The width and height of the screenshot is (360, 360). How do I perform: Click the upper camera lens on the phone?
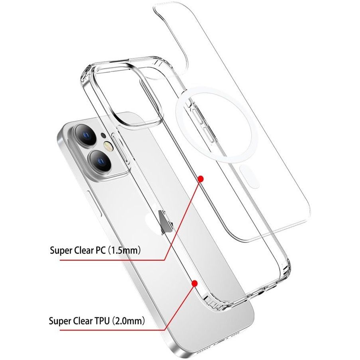85,135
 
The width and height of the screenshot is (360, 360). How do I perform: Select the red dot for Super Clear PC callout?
201,179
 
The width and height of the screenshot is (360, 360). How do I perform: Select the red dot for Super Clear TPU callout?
195,284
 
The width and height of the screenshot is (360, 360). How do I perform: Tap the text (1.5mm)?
124,250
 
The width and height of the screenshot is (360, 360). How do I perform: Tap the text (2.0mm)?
129,321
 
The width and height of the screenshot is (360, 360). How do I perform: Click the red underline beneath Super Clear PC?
112,260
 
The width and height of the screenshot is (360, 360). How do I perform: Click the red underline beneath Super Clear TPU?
112,330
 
